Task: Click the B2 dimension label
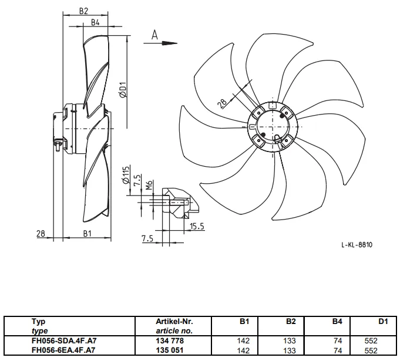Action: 83,11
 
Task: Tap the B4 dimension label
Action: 95,22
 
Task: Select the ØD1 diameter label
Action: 123,90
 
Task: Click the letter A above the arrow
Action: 154,35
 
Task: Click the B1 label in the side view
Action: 88,233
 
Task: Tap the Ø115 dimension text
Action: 126,175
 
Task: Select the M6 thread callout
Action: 149,185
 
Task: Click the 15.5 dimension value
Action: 197,226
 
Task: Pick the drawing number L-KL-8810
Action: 357,245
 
